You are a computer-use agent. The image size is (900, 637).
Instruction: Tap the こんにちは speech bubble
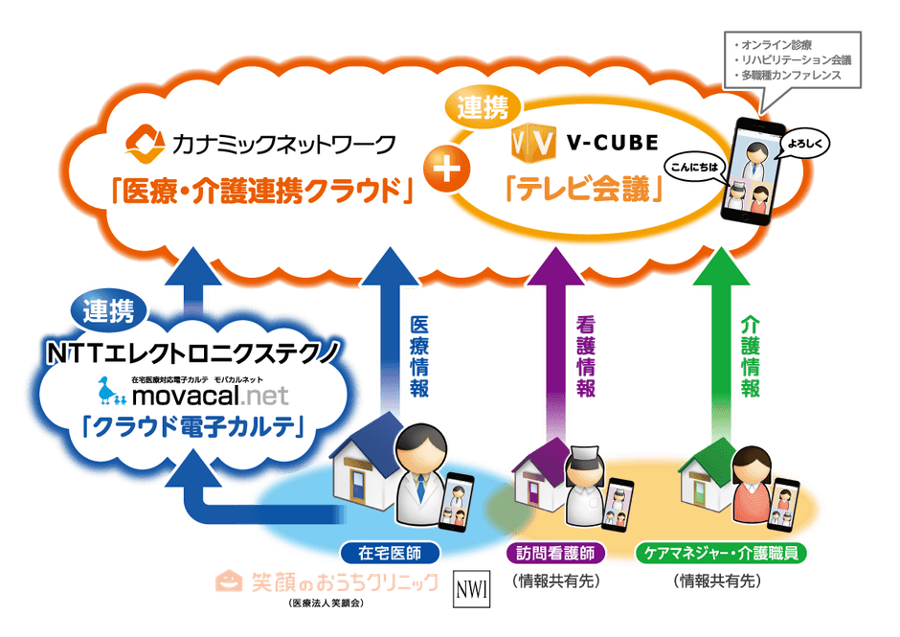click(x=692, y=165)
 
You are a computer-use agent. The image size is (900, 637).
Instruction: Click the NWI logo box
click(x=471, y=588)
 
